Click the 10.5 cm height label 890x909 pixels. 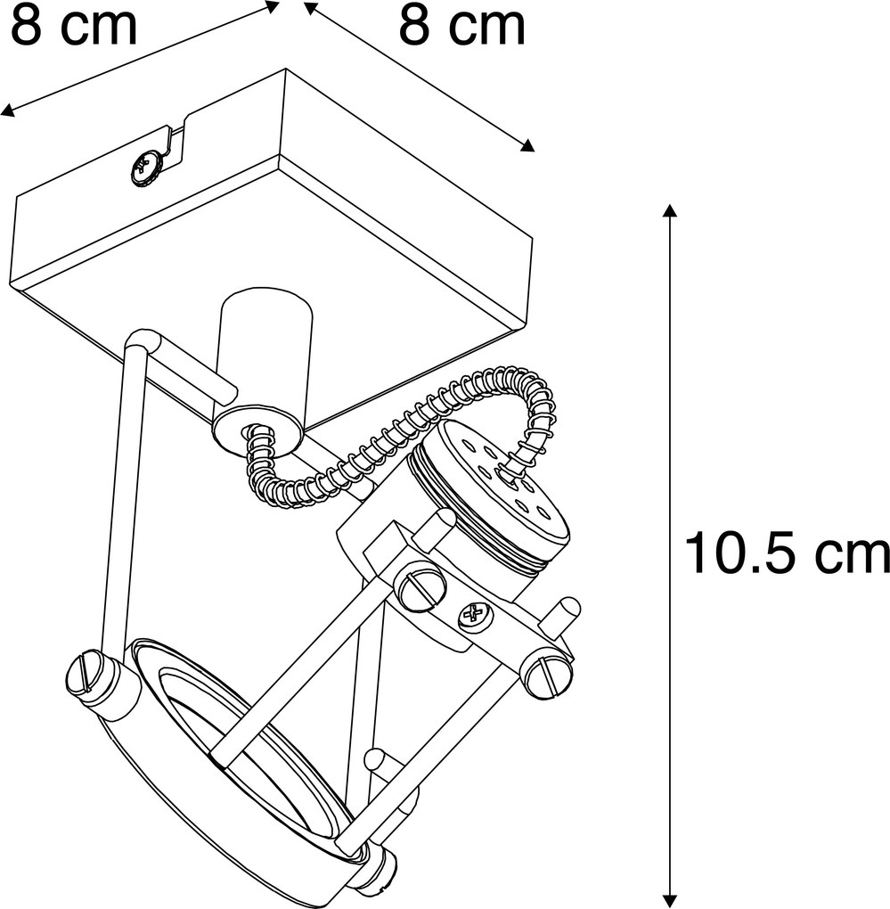pyautogui.click(x=787, y=555)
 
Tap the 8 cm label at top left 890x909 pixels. pyautogui.click(x=74, y=25)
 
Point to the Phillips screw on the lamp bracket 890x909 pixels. pyautogui.click(x=475, y=616)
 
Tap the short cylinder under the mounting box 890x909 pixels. pyautogui.click(x=265, y=371)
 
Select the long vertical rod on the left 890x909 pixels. pyautogui.click(x=124, y=493)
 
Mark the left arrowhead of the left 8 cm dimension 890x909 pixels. pyautogui.click(x=7, y=111)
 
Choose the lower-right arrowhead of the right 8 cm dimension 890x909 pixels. pyautogui.click(x=527, y=145)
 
